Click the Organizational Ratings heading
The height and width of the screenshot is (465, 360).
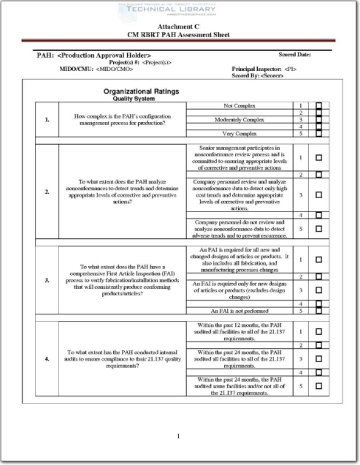click(141, 91)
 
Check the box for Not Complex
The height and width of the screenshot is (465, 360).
click(319, 106)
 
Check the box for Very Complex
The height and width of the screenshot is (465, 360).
click(319, 133)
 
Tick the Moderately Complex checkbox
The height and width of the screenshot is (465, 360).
click(319, 120)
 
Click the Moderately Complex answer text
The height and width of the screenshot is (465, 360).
click(239, 120)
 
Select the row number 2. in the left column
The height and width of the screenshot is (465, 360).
click(46, 191)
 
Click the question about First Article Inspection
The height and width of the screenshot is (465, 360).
click(122, 281)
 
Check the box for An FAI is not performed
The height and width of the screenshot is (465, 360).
click(319, 311)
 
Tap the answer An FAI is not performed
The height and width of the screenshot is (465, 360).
click(239, 311)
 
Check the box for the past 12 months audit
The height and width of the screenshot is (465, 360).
click(319, 331)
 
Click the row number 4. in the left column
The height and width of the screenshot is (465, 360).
click(46, 359)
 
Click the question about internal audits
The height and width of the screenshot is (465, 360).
click(122, 359)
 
